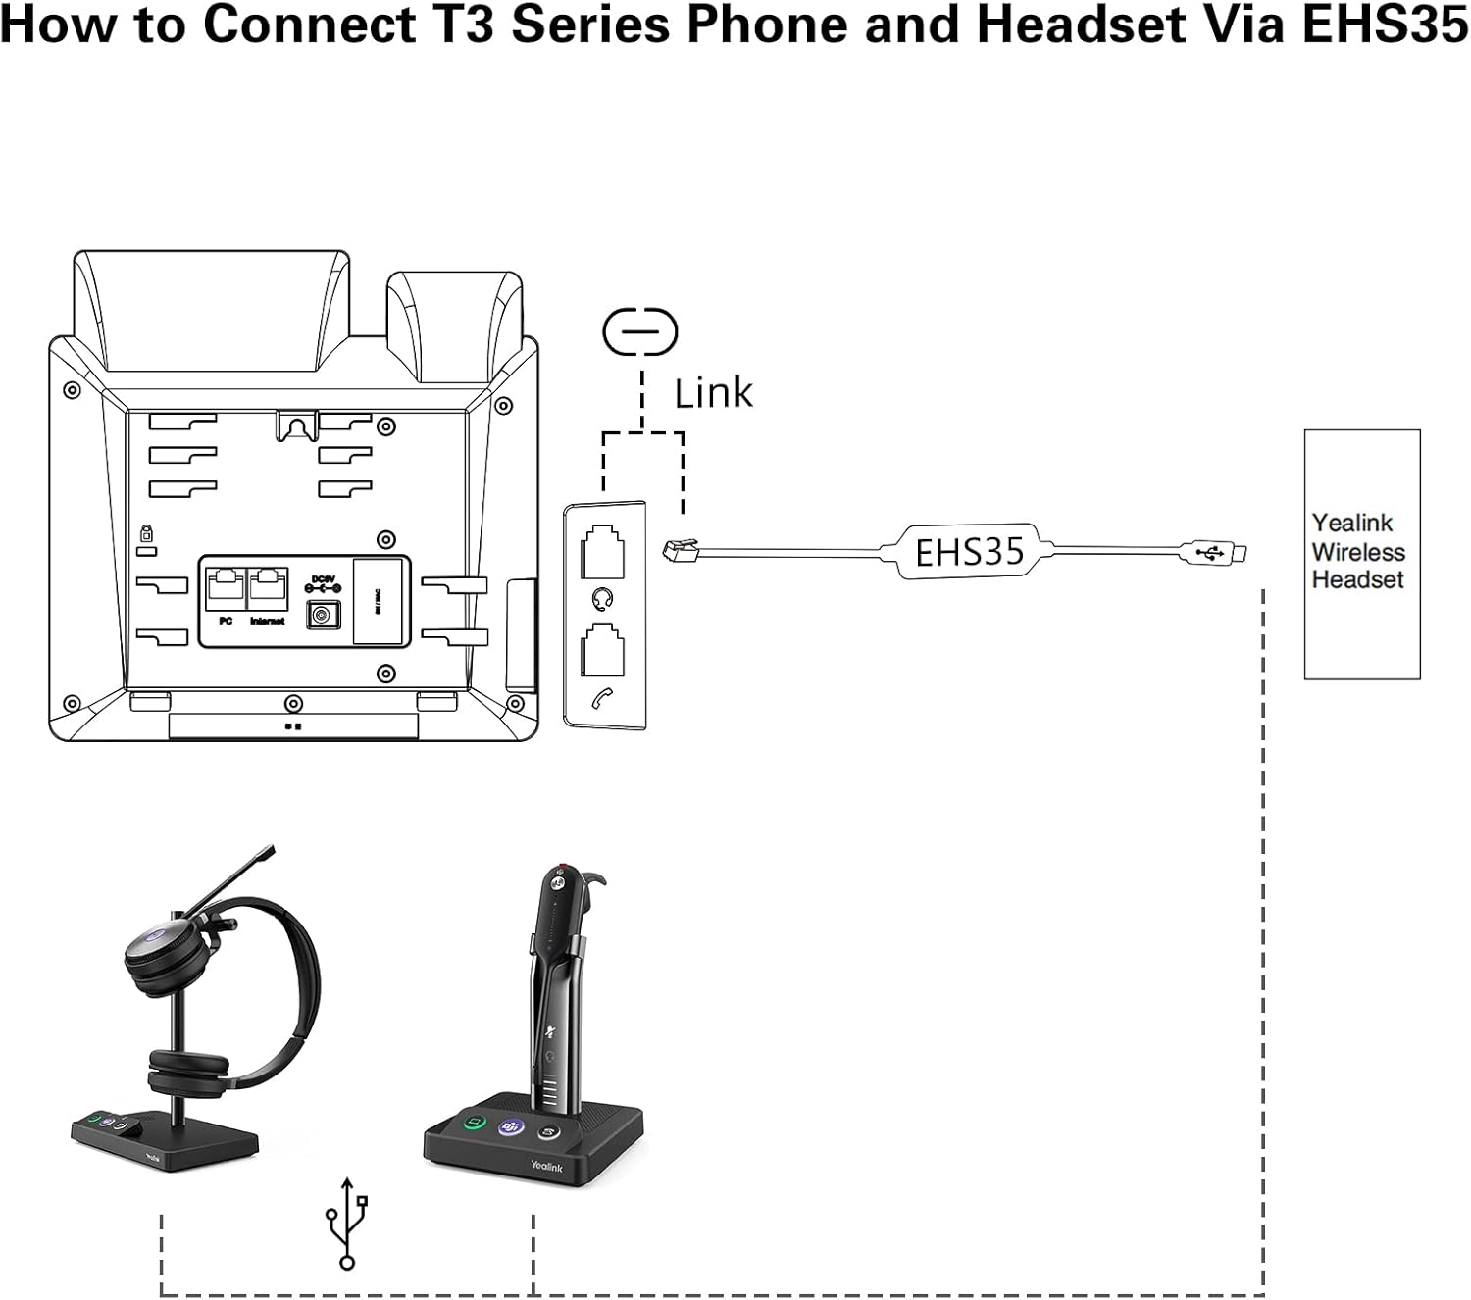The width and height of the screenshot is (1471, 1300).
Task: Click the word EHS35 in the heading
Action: tap(1385, 25)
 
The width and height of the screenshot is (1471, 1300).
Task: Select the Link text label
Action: tap(713, 393)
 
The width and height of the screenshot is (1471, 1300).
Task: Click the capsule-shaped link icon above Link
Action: tap(640, 331)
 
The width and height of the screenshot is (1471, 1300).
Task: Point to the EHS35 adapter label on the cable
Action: tap(969, 553)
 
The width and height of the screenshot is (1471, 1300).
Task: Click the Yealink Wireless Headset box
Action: tap(1361, 554)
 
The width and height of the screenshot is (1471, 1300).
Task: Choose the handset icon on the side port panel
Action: tap(604, 699)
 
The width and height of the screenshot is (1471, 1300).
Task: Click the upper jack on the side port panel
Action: tap(604, 552)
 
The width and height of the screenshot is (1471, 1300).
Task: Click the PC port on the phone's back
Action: tap(226, 588)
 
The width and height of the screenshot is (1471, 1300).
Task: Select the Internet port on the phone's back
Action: tap(268, 588)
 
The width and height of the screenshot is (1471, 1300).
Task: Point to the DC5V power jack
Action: tap(323, 615)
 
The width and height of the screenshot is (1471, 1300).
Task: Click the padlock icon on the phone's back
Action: tap(146, 534)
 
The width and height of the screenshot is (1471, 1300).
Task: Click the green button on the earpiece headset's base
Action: tap(475, 1121)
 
